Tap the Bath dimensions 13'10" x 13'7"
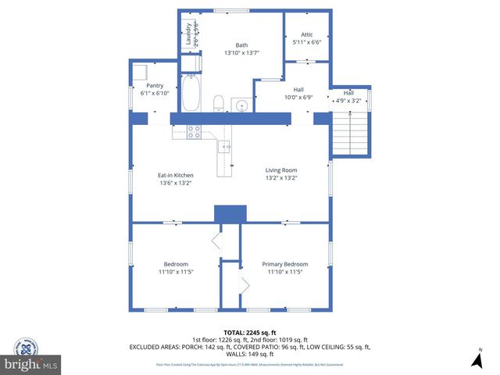point(241,53)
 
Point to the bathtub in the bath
point(191,94)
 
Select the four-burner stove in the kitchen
point(194,132)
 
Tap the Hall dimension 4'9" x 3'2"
point(348,100)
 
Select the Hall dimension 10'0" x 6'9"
point(298,98)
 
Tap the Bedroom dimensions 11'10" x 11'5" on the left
point(176,272)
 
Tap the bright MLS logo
point(32,364)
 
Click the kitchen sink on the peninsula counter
point(227,146)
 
